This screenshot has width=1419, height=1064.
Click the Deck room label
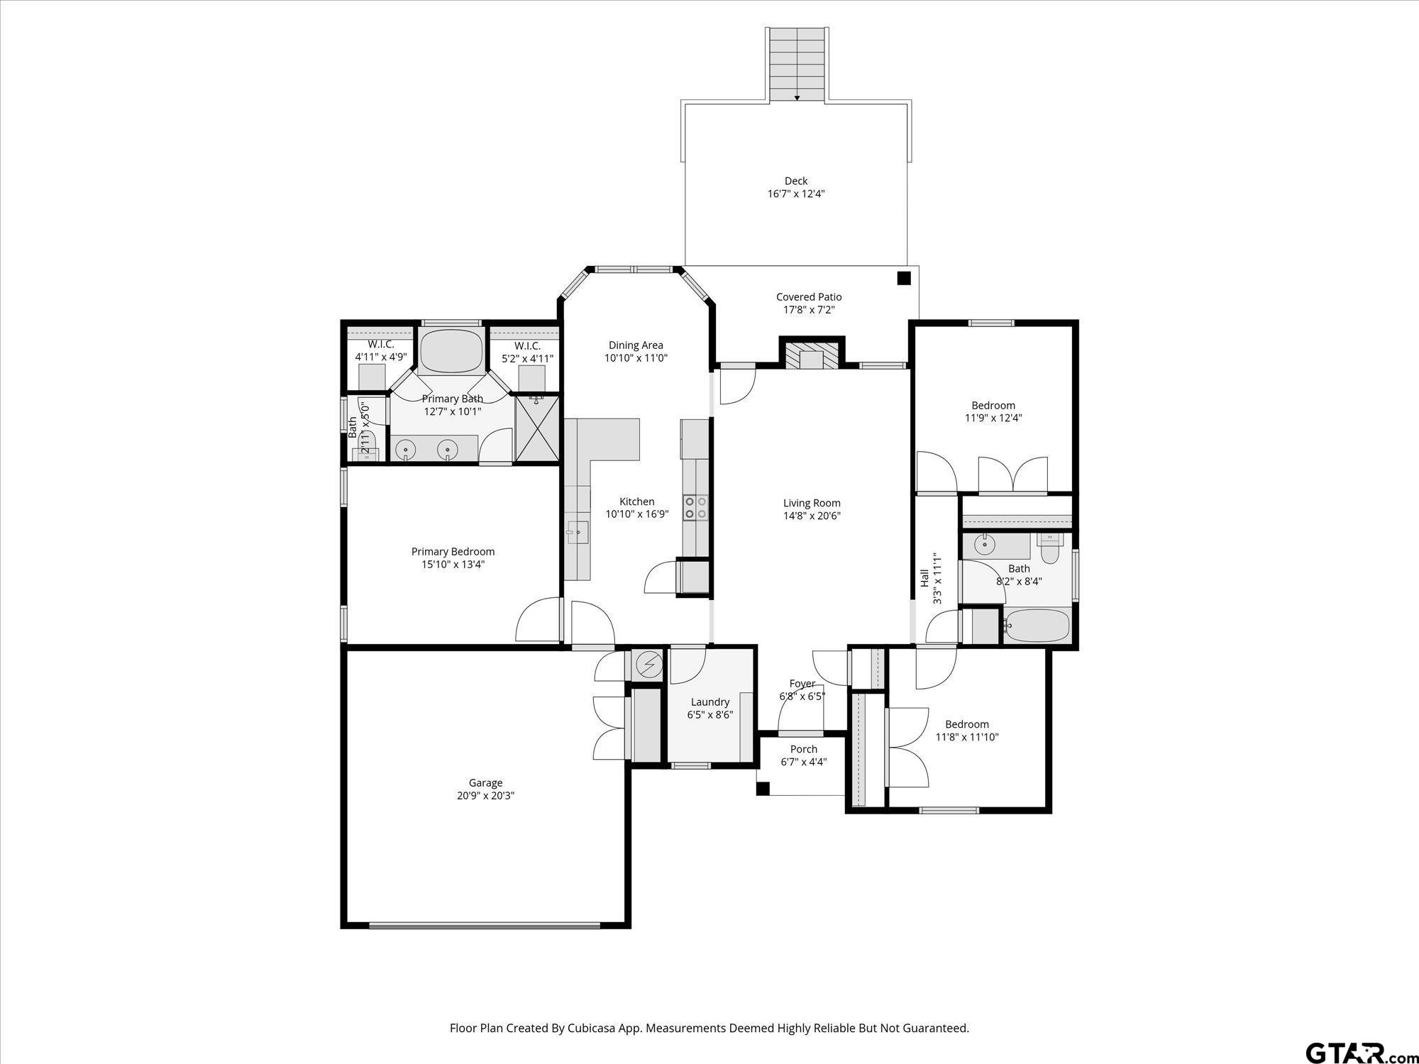coord(796,181)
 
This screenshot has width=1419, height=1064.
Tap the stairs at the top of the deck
coord(797,65)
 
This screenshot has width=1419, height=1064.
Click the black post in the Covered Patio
coord(903,278)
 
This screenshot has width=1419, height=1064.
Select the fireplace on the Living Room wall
coord(812,354)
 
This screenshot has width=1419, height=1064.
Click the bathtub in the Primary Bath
coord(451,351)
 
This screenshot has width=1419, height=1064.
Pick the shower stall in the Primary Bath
coord(537,429)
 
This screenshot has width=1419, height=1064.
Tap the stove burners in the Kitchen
coord(695,507)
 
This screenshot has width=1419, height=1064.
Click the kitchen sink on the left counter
coord(577,531)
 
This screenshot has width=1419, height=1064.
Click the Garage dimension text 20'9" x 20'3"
coord(485,796)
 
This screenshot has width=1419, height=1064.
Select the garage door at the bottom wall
coord(485,925)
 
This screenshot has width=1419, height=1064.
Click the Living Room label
coord(812,503)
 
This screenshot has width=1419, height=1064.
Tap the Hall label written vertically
coord(924,579)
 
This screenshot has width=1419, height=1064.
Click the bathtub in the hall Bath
coord(1037,626)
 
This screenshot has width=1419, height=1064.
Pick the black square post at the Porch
coord(763,788)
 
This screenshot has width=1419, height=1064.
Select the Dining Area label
coord(636,345)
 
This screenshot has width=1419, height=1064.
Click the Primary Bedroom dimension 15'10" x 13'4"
coord(453,565)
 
